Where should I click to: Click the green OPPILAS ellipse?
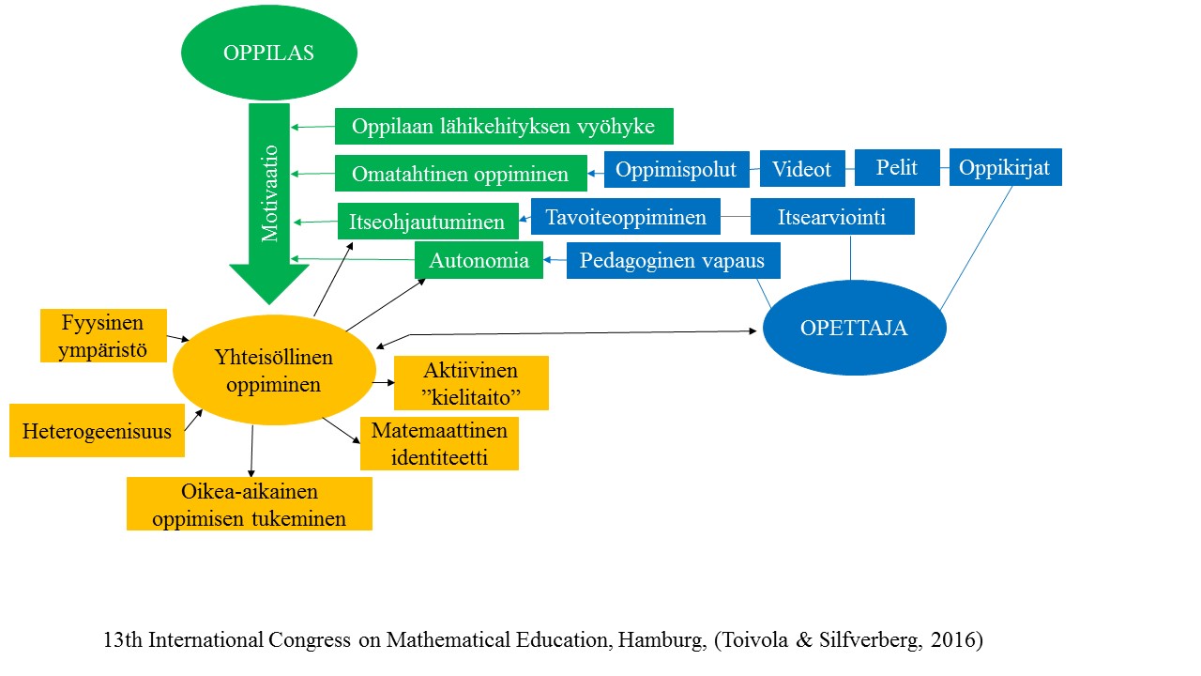click(x=268, y=53)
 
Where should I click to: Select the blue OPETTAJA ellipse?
click(x=854, y=329)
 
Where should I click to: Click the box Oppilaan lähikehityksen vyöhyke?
click(x=504, y=126)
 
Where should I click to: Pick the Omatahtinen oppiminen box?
click(x=460, y=174)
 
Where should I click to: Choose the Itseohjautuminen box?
click(x=427, y=223)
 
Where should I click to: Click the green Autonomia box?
click(x=479, y=260)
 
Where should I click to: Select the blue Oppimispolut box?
click(x=677, y=169)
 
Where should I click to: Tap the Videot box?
click(x=802, y=169)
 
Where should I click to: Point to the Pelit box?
click(x=896, y=167)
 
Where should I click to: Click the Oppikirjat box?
click(x=1005, y=167)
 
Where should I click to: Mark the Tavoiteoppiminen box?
click(x=625, y=217)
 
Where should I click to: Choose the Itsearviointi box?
click(x=832, y=217)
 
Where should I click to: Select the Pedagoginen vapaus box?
click(x=673, y=260)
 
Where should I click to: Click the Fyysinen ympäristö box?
click(x=103, y=336)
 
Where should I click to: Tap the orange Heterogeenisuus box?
click(x=97, y=431)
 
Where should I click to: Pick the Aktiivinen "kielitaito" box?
click(x=471, y=383)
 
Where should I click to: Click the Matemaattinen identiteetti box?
click(x=439, y=444)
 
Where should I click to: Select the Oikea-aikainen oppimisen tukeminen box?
click(x=250, y=504)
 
